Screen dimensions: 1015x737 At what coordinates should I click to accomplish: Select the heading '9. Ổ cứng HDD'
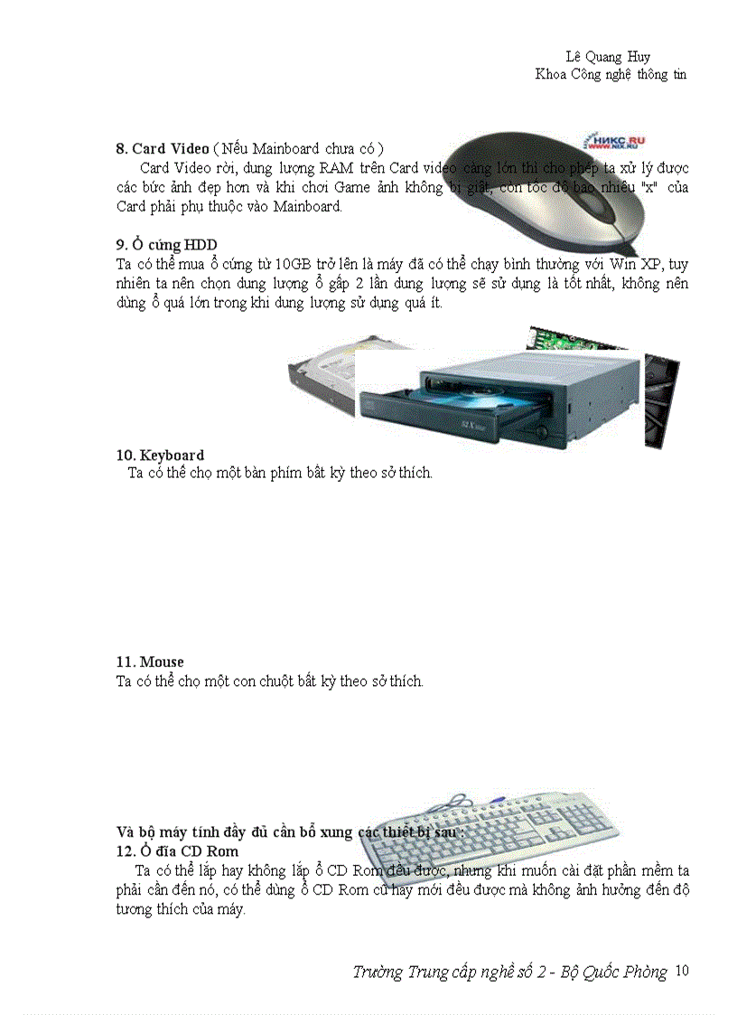pyautogui.click(x=166, y=245)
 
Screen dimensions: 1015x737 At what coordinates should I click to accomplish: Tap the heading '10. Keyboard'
pyautogui.click(x=160, y=455)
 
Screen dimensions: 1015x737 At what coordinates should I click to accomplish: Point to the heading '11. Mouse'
pyautogui.click(x=150, y=662)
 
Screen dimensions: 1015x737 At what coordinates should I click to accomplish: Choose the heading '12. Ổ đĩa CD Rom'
pyautogui.click(x=178, y=851)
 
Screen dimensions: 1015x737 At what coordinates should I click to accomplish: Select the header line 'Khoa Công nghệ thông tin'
pyautogui.click(x=611, y=74)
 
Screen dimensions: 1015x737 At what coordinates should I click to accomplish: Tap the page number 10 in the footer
pyautogui.click(x=682, y=971)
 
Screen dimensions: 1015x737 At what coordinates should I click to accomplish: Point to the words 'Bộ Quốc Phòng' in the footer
pyautogui.click(x=614, y=973)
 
